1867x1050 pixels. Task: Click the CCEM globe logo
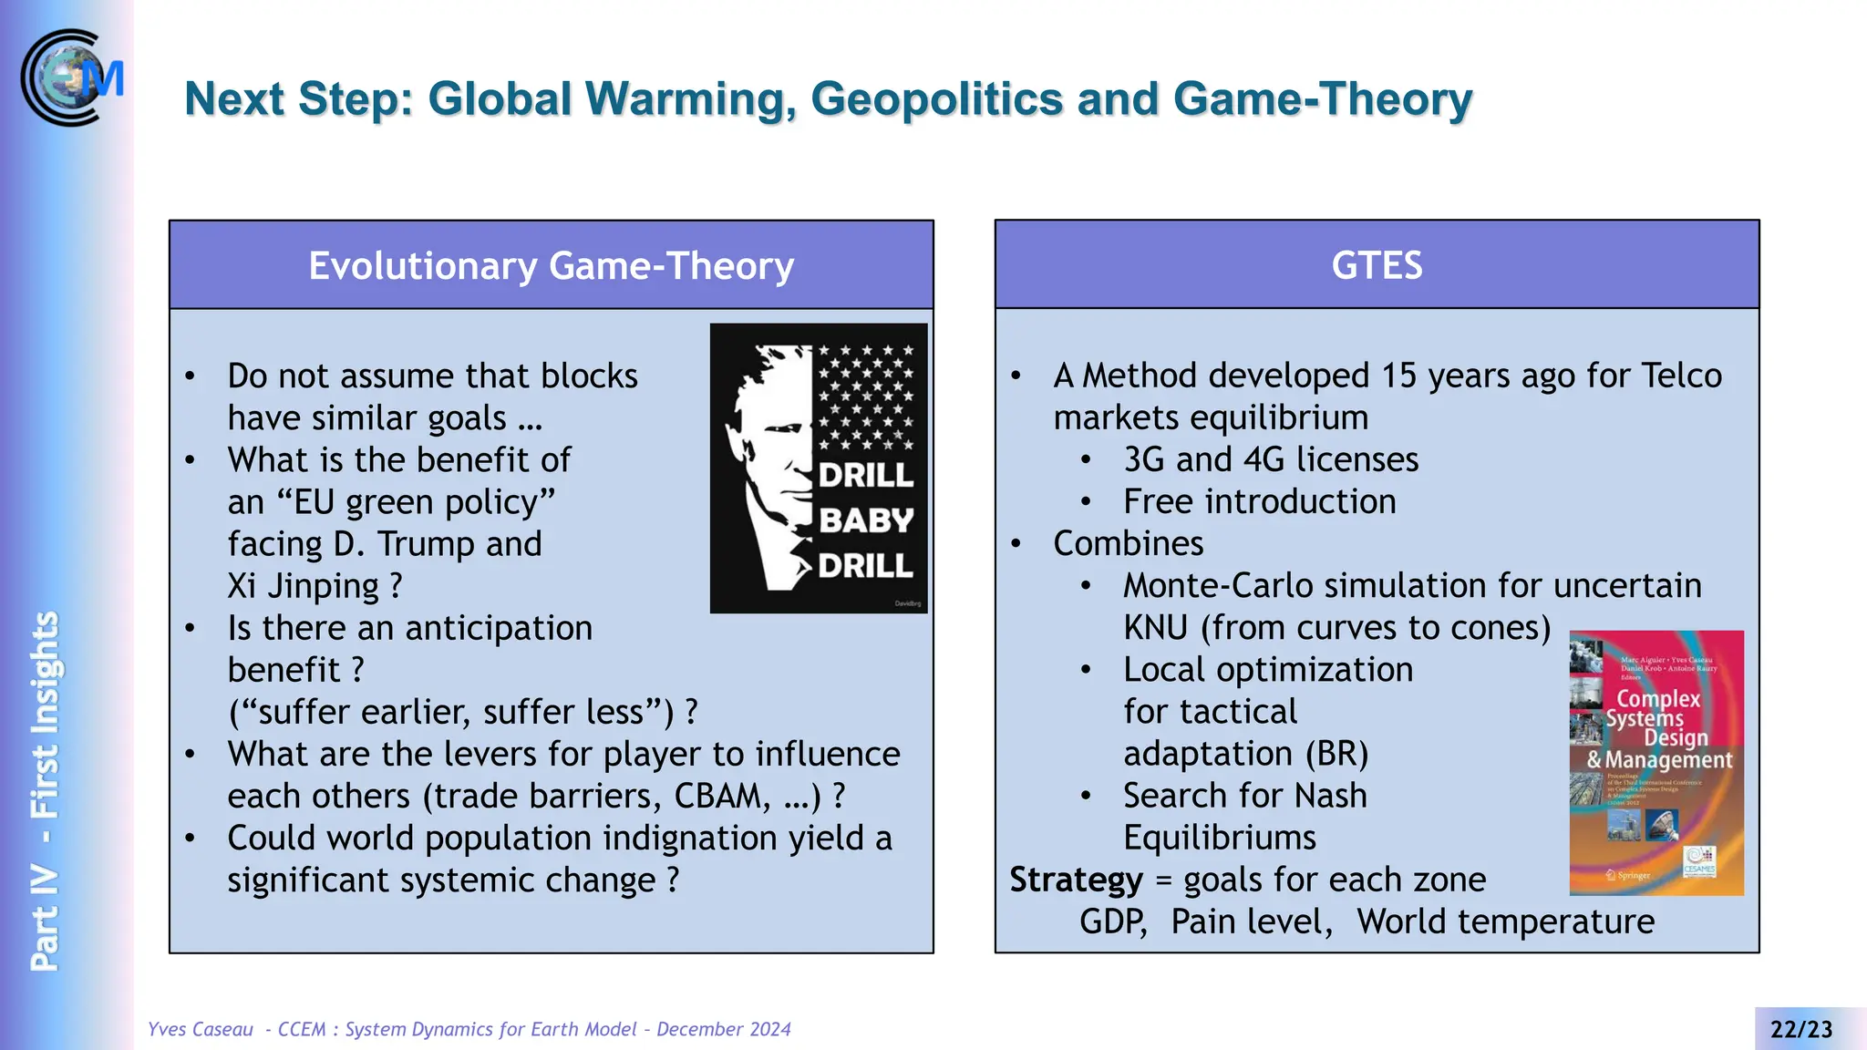(71, 77)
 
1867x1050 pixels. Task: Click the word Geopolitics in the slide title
(937, 98)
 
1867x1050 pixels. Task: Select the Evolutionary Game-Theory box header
(551, 265)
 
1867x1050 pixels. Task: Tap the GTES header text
(1377, 265)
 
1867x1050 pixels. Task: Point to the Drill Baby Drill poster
(818, 468)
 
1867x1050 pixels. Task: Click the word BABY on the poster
(865, 520)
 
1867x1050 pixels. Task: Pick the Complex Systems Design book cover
(1656, 762)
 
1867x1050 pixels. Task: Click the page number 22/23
(1800, 1029)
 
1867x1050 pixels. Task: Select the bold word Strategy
(1076, 880)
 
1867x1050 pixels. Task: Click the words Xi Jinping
(303, 586)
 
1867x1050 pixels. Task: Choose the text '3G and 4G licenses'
(1271, 459)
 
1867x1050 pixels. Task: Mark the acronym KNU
(1155, 628)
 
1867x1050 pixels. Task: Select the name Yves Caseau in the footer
(201, 1029)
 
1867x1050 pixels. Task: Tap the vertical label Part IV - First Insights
(45, 790)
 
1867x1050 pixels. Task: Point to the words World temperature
(1505, 921)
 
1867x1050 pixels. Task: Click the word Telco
(1681, 376)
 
